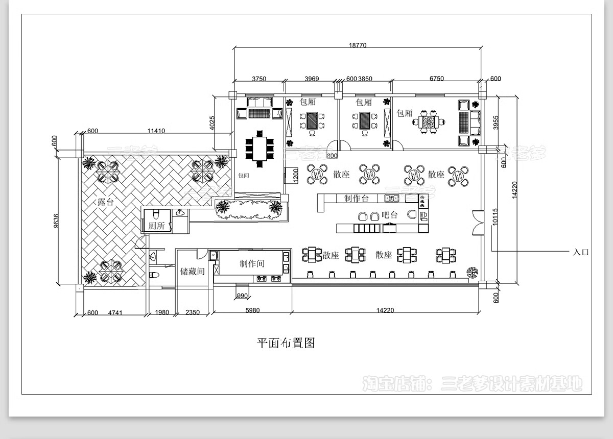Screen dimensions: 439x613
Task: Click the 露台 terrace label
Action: pyautogui.click(x=106, y=202)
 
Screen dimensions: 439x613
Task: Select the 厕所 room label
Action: pyautogui.click(x=157, y=226)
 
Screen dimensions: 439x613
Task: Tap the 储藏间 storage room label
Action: pyautogui.click(x=192, y=271)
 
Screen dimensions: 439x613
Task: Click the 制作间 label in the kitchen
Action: pyautogui.click(x=252, y=263)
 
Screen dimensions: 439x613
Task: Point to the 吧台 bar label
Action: pyautogui.click(x=390, y=215)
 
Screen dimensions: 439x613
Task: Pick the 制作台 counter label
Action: pyautogui.click(x=356, y=198)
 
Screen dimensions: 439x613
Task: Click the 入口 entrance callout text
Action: pyautogui.click(x=581, y=252)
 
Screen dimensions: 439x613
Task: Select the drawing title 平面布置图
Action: pyautogui.click(x=286, y=343)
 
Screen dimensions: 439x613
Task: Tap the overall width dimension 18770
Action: pyautogui.click(x=358, y=45)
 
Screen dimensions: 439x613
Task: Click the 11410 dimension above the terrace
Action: pyautogui.click(x=156, y=131)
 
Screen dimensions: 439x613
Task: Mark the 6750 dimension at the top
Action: pyautogui.click(x=436, y=79)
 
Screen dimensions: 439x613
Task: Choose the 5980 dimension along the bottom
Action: pyautogui.click(x=252, y=310)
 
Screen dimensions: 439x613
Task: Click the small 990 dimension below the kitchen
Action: pyautogui.click(x=242, y=297)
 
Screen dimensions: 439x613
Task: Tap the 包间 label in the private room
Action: pyautogui.click(x=244, y=175)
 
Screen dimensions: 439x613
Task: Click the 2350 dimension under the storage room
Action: pyautogui.click(x=193, y=312)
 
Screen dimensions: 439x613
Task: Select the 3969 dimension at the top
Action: pyautogui.click(x=312, y=79)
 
